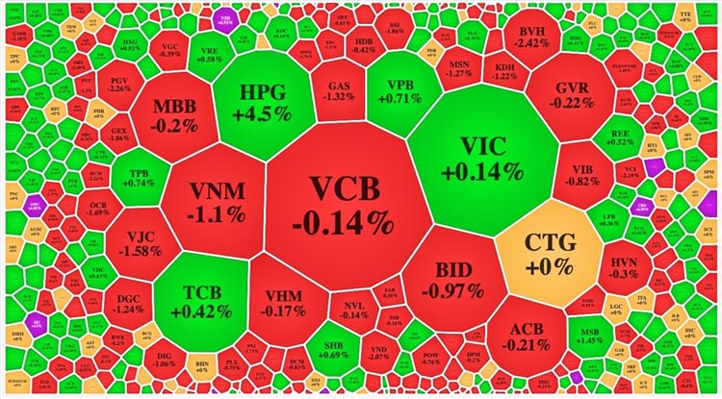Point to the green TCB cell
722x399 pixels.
point(201,299)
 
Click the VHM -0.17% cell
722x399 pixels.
point(287,298)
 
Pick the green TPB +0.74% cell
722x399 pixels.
point(141,178)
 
